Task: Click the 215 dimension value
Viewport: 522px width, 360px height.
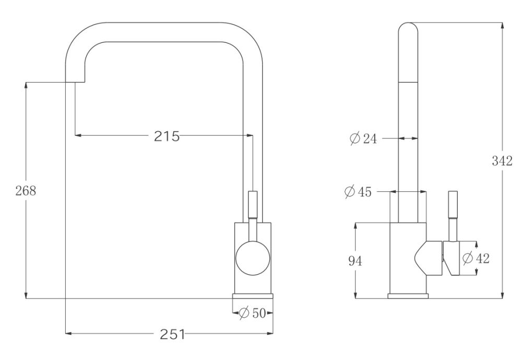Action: (x=167, y=136)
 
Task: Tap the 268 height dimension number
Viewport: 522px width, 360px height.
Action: (x=26, y=191)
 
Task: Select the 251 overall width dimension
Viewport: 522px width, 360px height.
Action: (x=172, y=334)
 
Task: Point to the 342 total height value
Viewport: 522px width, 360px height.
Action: (x=502, y=161)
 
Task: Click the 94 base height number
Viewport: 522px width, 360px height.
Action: (x=355, y=261)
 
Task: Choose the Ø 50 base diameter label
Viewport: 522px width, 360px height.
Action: (x=253, y=313)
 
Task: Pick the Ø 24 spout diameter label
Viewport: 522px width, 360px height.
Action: (x=363, y=138)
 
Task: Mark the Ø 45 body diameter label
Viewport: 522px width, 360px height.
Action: (x=358, y=192)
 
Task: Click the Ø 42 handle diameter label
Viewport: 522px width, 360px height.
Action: (x=477, y=258)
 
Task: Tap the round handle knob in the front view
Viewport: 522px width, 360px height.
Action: (x=253, y=258)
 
